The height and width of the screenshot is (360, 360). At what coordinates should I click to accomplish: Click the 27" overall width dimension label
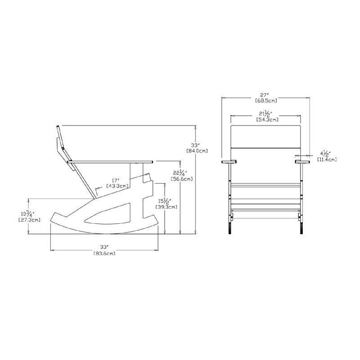pos(265,95)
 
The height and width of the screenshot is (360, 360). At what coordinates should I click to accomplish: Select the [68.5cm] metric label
pos(266,100)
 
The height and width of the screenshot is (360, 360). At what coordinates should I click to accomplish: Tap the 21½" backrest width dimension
pos(265,113)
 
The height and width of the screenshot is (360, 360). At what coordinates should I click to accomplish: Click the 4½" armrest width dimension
pos(325,153)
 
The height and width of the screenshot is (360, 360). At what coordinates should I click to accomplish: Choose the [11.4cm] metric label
pos(327,159)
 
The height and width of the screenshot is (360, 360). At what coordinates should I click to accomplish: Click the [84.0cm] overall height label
pos(197,151)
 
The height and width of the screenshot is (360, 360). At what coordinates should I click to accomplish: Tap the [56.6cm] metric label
pos(182,179)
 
